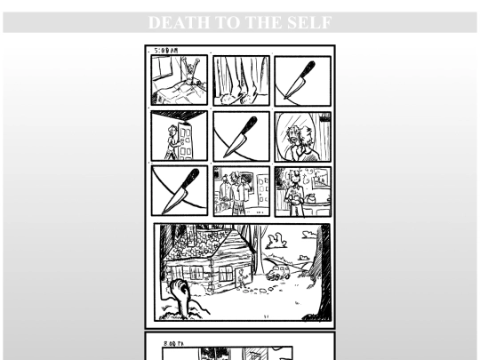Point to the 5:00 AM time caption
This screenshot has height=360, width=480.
(x=164, y=52)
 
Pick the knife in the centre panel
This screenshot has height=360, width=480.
(x=242, y=135)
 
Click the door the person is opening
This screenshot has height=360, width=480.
(x=183, y=139)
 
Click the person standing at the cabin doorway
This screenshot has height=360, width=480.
(x=242, y=279)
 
